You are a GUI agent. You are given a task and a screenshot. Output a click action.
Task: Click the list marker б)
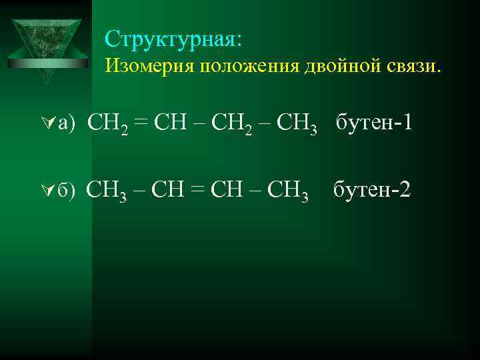coord(68,192)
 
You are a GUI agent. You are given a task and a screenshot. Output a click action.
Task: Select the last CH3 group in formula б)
coord(288,192)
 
